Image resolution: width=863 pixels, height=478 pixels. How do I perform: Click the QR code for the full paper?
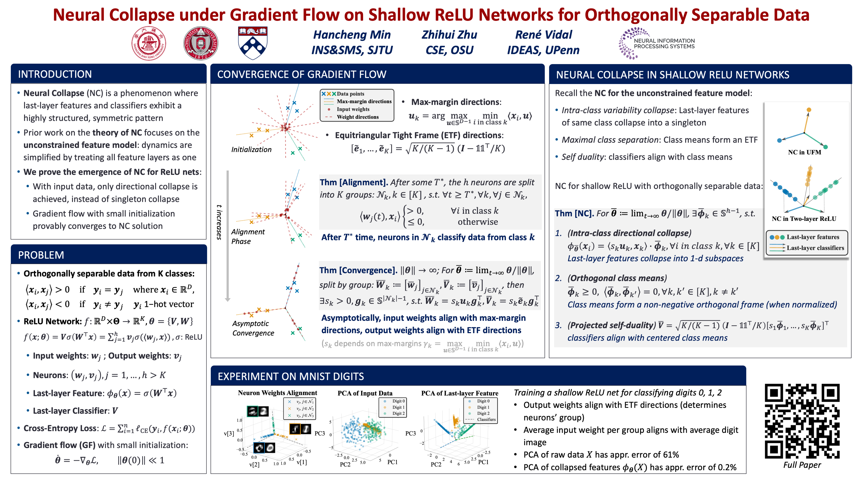coord(802,421)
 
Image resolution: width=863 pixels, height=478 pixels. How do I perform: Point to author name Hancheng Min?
coord(352,35)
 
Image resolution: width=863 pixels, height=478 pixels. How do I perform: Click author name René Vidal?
coord(543,35)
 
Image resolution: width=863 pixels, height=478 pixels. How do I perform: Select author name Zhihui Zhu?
coord(449,35)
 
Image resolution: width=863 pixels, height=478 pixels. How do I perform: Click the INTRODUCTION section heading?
coord(55,74)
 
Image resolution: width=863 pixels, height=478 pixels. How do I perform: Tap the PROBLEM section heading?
coord(41,255)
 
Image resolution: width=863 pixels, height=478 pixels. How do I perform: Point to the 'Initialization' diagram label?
coord(251,149)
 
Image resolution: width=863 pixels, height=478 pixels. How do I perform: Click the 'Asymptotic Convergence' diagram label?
coord(253,328)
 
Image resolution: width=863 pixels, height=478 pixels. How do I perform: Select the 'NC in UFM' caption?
coord(804,152)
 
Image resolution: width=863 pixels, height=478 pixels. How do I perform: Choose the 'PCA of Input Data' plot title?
coord(364,393)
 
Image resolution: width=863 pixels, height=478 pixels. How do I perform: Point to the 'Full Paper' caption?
coord(802,465)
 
